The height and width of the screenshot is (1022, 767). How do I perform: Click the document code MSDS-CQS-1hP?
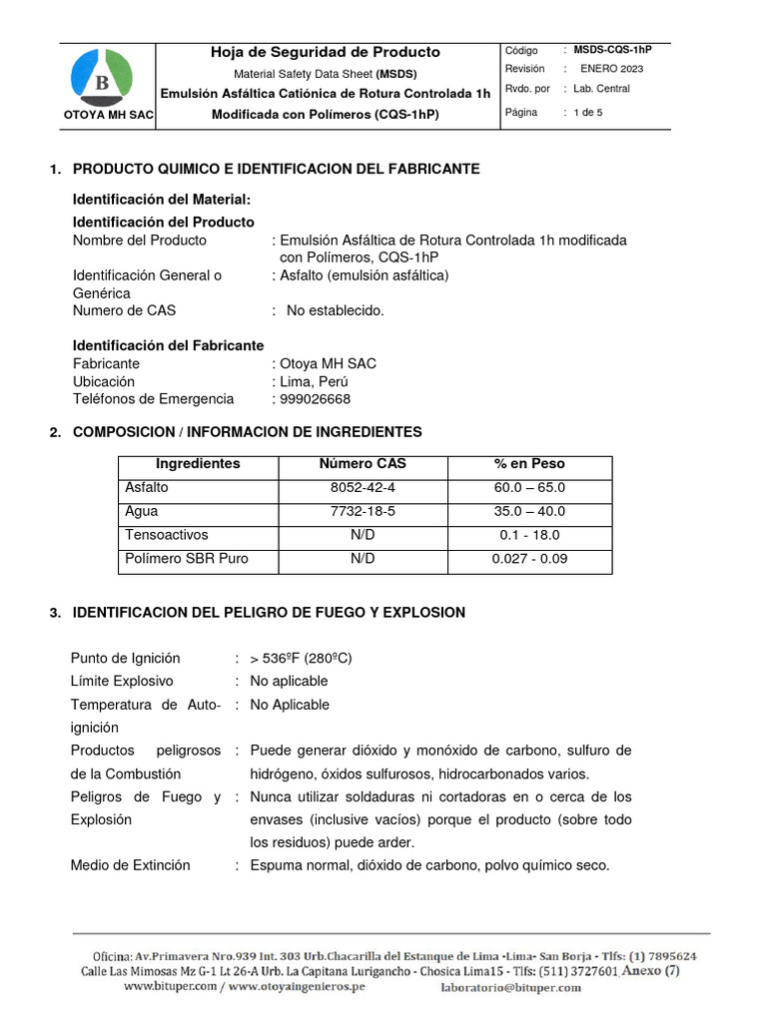coord(612,49)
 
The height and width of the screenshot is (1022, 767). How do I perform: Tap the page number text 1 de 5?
coord(587,113)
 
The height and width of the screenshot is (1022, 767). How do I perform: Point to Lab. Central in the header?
coord(601,89)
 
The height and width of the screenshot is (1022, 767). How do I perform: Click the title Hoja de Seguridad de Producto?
coord(325,52)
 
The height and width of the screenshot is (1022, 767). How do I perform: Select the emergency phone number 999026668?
coord(315,399)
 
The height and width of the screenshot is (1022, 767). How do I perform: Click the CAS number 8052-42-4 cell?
coord(363,488)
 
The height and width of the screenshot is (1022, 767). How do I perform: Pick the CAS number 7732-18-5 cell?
coord(363,511)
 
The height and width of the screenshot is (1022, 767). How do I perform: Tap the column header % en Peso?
coord(529,464)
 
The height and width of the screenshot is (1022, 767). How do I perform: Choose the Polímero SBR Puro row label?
coord(186,559)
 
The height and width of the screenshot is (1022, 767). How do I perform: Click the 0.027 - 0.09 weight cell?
coord(529,559)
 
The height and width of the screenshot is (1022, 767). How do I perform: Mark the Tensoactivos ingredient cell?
coord(166,535)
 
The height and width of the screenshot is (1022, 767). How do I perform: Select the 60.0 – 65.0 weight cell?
coord(529,488)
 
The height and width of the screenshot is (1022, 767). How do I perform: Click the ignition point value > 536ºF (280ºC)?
coord(301,659)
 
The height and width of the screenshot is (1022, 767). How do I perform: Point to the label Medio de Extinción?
coord(130,865)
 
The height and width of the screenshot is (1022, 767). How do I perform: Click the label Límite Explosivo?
coord(122,682)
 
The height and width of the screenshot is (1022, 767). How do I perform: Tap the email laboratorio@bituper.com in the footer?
coord(510,987)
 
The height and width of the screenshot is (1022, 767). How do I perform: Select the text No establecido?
coord(335,311)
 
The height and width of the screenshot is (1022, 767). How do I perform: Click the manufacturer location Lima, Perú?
coord(314,382)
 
